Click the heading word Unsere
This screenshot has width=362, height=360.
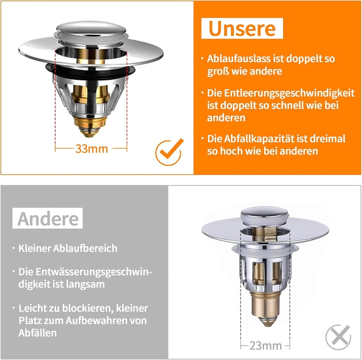242,29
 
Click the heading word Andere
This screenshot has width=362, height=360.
48,219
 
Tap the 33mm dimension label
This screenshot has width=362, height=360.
92,149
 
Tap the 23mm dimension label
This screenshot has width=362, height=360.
266,346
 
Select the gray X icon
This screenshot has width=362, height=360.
338,337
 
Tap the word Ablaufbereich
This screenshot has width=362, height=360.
85,248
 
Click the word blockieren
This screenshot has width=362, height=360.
87,308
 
